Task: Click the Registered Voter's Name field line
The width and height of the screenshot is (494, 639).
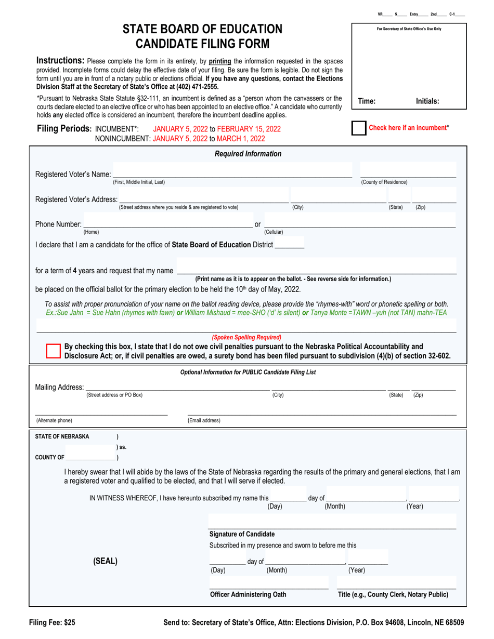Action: tap(232, 174)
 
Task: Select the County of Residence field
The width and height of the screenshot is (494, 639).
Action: tap(408, 174)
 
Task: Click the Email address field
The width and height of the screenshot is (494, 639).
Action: tap(322, 412)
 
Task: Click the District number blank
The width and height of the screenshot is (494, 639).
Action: tap(289, 244)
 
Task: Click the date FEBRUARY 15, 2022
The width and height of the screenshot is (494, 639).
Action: tap(249, 128)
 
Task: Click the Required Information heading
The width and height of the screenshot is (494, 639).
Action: tap(248, 153)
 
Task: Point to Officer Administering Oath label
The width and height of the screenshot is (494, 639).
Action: tap(248, 594)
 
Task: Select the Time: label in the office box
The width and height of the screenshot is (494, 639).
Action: tap(367, 102)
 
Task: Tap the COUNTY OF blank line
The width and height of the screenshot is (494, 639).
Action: tap(91, 457)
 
